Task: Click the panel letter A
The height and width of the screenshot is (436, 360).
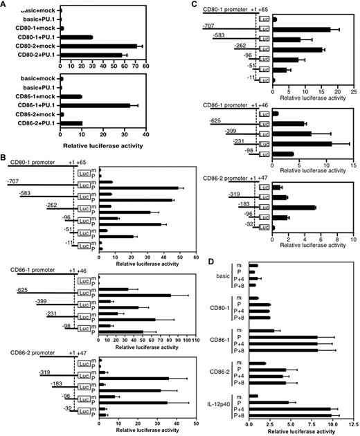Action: coord(5,5)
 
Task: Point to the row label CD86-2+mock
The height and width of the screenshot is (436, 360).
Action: coord(35,114)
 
